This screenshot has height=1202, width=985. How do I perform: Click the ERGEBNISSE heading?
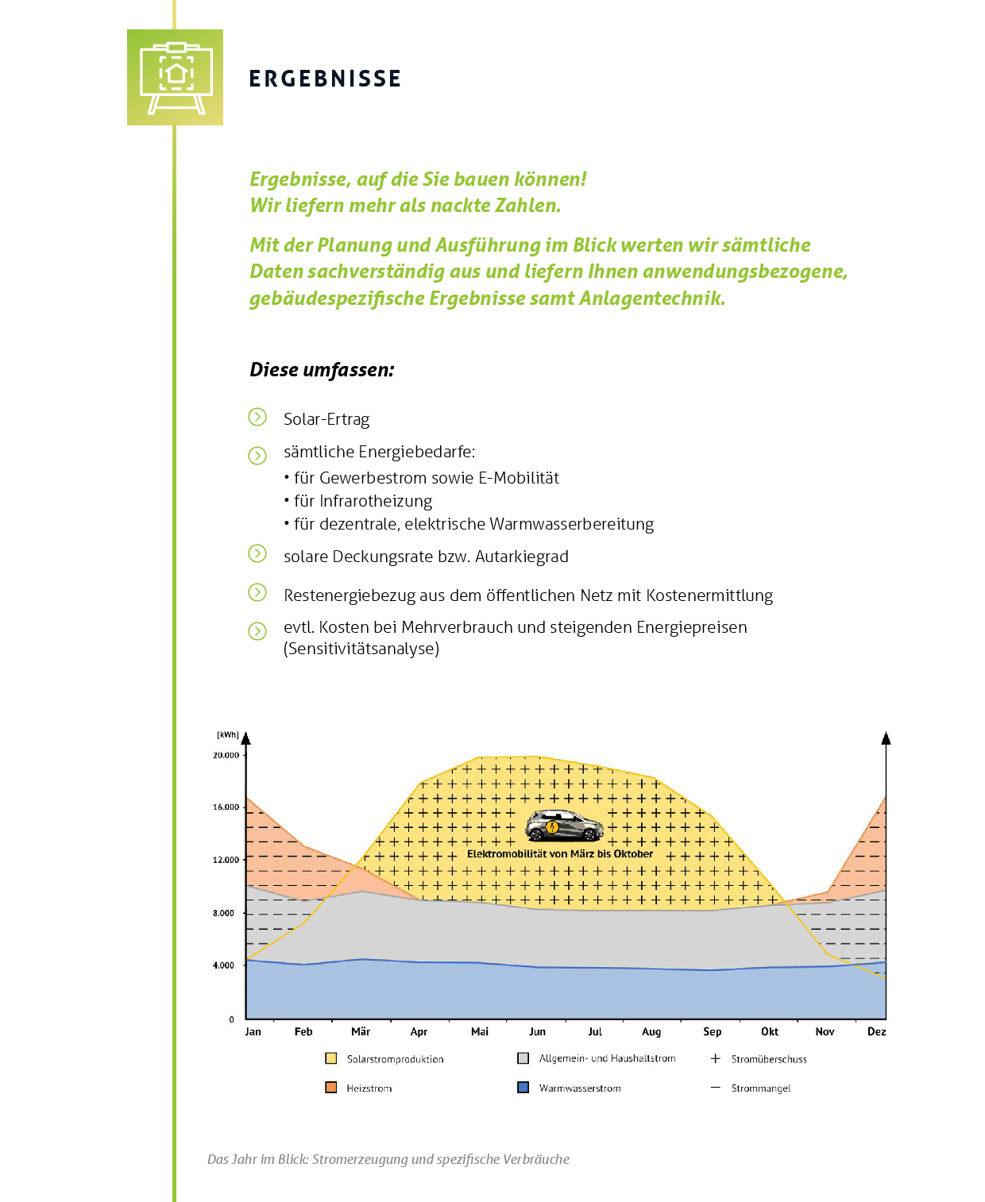tap(325, 79)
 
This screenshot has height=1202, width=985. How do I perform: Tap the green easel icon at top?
tap(176, 77)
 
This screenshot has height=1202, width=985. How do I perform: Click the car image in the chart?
tap(564, 826)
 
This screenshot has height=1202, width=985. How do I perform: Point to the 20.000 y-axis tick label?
tap(226, 755)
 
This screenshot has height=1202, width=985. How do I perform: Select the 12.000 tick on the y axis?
tap(226, 860)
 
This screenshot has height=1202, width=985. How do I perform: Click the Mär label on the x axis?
tap(361, 1031)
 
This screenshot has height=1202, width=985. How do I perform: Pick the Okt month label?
tap(770, 1031)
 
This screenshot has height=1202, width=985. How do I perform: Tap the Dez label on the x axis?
tap(876, 1031)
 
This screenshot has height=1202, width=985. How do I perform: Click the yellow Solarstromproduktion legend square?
tap(331, 1058)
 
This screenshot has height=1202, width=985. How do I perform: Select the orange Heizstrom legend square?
tap(331, 1088)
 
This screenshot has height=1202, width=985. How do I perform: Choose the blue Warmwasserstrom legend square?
tap(523, 1088)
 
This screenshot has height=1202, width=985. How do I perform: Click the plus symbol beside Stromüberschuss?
tap(715, 1058)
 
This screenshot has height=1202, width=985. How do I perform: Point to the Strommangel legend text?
tap(761, 1088)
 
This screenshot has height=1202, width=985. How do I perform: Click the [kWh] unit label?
tap(228, 735)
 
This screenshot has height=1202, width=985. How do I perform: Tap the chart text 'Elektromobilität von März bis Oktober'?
tap(560, 854)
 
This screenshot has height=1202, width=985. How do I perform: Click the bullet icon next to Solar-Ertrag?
tap(257, 417)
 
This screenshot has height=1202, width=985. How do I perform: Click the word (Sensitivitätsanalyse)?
tap(361, 649)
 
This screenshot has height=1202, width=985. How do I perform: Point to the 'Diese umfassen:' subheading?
tap(322, 369)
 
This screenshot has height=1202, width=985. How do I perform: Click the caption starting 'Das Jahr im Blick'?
tap(388, 1159)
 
